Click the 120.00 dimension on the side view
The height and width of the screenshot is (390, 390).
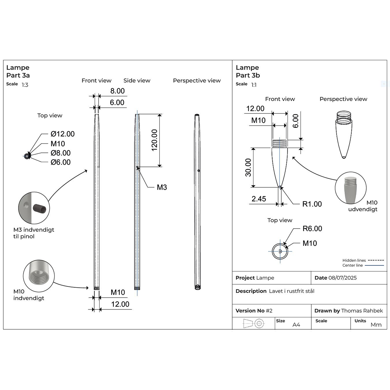click(155, 140)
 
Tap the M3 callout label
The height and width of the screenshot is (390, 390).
click(162, 187)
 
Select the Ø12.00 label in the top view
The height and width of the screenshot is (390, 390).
click(63, 134)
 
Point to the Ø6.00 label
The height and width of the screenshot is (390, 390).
click(61, 162)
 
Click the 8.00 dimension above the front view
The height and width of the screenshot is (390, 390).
click(117, 91)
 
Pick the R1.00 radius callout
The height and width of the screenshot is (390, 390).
click(312, 204)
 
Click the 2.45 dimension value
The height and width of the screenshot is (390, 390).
click(259, 199)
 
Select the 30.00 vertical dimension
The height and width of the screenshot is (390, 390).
click(248, 168)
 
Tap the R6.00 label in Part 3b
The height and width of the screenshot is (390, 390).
click(312, 229)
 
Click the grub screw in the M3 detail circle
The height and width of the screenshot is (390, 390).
click(40, 208)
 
